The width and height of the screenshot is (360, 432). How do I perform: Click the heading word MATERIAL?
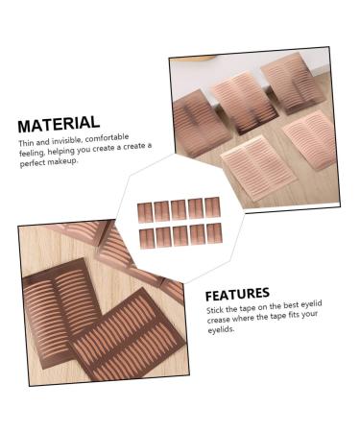(59, 123)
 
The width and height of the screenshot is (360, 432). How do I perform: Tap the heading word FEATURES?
(238, 293)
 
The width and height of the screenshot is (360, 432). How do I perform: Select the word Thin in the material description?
(25, 142)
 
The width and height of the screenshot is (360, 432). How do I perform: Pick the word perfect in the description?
(34, 164)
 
